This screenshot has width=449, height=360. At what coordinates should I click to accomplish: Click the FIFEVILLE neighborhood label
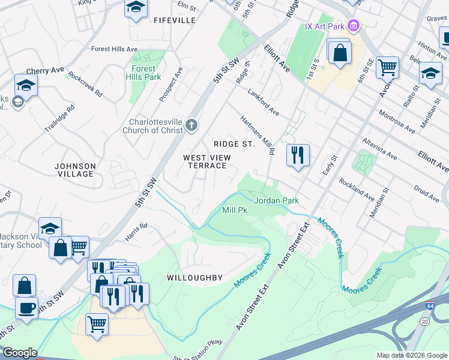[175, 20]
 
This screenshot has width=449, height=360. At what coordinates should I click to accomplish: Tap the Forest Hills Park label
[143, 73]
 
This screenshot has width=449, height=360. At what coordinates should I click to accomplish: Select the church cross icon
[191, 125]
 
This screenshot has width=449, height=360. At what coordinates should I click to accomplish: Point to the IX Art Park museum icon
[354, 26]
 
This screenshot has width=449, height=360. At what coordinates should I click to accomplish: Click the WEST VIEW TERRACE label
[207, 161]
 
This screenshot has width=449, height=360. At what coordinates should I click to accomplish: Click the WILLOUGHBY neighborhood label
[195, 278]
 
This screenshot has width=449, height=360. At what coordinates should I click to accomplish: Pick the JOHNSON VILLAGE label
[75, 170]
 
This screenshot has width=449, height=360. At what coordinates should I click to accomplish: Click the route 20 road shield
[425, 322]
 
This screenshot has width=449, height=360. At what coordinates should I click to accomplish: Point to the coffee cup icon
[26, 308]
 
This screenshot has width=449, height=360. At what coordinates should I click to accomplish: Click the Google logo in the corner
[19, 353]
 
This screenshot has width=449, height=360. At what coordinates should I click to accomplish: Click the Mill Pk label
[235, 211]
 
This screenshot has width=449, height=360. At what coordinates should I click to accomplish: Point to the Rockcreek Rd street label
[85, 85]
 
